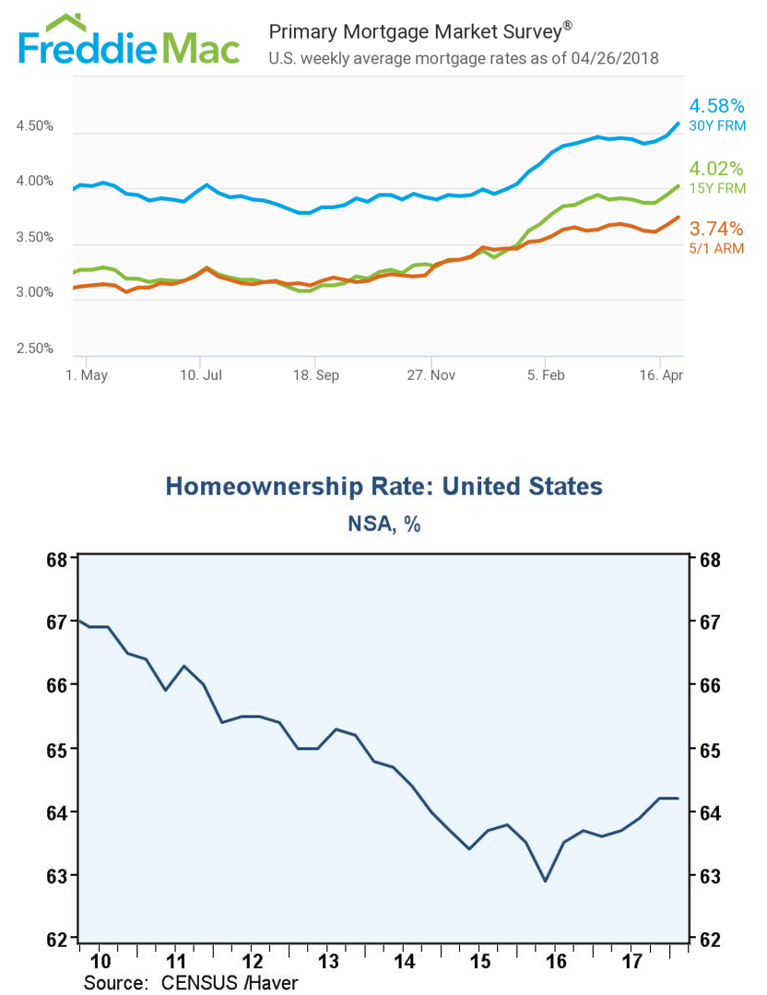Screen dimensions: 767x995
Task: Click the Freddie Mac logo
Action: (x=129, y=40)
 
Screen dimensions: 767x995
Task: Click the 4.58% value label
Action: (x=717, y=105)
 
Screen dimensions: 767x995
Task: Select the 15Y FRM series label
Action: (x=717, y=188)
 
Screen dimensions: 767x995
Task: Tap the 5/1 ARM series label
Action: (x=717, y=249)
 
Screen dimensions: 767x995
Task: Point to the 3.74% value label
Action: (x=716, y=229)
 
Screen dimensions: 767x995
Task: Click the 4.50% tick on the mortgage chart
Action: (x=35, y=125)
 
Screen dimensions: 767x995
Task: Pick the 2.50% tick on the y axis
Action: (x=35, y=349)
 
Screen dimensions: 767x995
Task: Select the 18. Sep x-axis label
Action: (x=316, y=375)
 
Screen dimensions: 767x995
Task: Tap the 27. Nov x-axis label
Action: (x=431, y=375)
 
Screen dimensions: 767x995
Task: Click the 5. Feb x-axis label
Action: (x=546, y=375)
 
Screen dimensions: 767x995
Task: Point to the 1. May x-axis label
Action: (x=87, y=375)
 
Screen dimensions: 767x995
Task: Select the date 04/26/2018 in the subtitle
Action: (x=615, y=58)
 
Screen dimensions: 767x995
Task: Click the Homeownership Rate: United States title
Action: (x=383, y=486)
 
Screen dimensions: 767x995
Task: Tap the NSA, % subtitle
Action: (x=383, y=524)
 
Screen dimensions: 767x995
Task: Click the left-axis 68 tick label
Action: (x=57, y=560)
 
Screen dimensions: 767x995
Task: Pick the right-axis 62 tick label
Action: (x=710, y=939)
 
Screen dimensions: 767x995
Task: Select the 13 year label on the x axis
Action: (x=328, y=962)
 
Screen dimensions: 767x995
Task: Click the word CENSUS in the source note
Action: (x=198, y=982)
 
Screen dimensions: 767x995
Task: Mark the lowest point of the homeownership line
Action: (x=545, y=881)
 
